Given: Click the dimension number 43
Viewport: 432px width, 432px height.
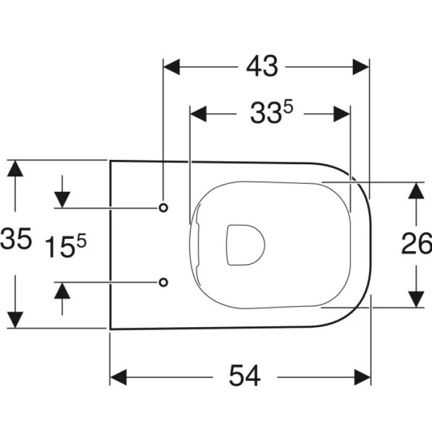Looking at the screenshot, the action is [262, 67].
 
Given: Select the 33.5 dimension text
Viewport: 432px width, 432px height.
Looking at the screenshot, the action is [272, 112].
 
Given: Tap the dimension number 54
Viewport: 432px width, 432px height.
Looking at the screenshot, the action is [244, 376].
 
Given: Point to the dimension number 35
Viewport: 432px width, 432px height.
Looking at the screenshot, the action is [15, 239].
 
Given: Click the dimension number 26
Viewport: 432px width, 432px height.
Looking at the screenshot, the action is [417, 244].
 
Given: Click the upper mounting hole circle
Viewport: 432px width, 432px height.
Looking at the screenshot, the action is [164, 208].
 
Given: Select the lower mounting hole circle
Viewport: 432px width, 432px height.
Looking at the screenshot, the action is [164, 282].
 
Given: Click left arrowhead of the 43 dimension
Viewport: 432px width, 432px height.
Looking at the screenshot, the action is [172, 67].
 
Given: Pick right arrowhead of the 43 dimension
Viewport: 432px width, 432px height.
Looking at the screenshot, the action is [361, 67].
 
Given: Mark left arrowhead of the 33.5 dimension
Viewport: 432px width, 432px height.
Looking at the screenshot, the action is [198, 114].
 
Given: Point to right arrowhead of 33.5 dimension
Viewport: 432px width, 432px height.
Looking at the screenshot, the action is [342, 114].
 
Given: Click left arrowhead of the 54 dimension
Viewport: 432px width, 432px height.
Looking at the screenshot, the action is [118, 378].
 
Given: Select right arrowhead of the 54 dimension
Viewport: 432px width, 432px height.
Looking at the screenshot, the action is [363, 378].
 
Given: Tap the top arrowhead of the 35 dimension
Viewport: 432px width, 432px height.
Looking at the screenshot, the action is [15, 168].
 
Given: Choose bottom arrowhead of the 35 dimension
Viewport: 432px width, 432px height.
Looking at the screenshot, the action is [15, 320].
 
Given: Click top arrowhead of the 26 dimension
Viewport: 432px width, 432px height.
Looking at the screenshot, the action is [416, 191].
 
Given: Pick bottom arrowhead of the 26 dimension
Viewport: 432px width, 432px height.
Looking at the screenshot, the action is [416, 299].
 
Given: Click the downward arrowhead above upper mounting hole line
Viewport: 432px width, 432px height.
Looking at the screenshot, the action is [62, 200].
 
